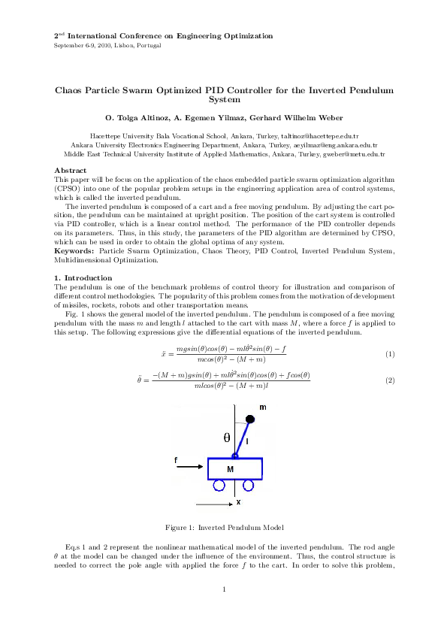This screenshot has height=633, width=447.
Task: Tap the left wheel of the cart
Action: (x=219, y=486)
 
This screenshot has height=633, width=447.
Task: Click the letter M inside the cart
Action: (x=231, y=468)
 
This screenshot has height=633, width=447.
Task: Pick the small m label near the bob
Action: (x=262, y=406)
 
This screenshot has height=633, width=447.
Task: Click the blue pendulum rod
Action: (x=242, y=434)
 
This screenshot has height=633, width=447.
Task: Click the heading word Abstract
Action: (x=71, y=171)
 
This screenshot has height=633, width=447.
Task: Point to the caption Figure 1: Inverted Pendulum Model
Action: (x=223, y=526)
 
